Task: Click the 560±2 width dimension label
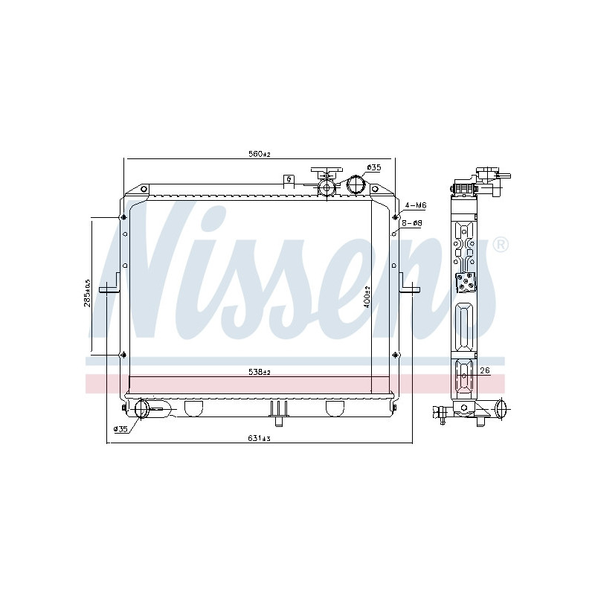pyautogui.click(x=259, y=154)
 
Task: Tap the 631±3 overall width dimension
pyautogui.click(x=259, y=438)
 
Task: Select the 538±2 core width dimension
pyautogui.click(x=259, y=373)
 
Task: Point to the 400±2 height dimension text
pyautogui.click(x=367, y=296)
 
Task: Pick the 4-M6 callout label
pyautogui.click(x=416, y=205)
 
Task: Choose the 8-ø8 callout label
pyautogui.click(x=412, y=223)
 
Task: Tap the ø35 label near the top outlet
pyautogui.click(x=374, y=167)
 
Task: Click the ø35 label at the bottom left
pyautogui.click(x=120, y=429)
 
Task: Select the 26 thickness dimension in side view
pyautogui.click(x=485, y=370)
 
